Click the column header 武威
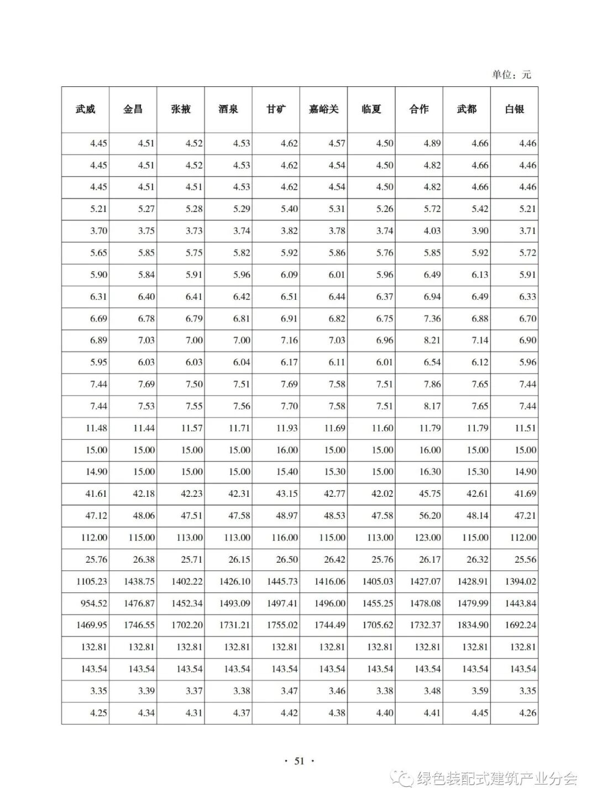pos(85,110)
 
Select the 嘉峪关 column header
pos(323,110)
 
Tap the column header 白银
pos(514,110)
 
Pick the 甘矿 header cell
pos(276,110)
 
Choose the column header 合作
pos(419,110)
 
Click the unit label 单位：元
pos(511,75)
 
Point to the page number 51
pos(299,761)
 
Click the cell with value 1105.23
pos(92,581)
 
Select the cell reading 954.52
pos(94,603)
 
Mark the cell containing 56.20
pos(430,516)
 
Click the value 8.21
pos(432,340)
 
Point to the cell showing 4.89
pos(432,143)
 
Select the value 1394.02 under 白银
pos(520,581)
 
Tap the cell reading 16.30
pos(430,472)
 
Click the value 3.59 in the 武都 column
pos(479,691)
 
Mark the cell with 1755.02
pos(282,625)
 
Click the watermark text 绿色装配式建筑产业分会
pos(496,779)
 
